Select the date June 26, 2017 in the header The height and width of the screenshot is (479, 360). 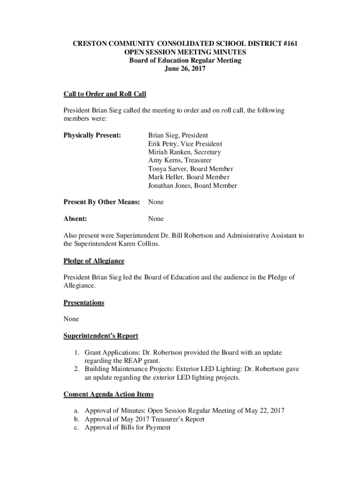185,69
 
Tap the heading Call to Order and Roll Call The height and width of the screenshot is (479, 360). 105,94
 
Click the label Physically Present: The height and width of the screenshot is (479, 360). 92,135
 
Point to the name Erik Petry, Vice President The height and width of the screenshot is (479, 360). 185,144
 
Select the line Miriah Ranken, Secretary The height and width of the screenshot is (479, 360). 184,152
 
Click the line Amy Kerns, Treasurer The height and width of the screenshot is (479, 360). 180,160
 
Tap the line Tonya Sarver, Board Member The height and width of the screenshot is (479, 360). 190,169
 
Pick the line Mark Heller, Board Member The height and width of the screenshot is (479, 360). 188,177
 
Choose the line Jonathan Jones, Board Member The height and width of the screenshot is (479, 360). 192,186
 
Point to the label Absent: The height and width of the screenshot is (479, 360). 75,218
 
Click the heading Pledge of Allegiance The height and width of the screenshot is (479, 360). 94,261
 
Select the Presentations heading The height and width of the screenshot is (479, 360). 84,303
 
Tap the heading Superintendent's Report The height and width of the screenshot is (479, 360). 101,336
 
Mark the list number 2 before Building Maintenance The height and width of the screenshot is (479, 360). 76,369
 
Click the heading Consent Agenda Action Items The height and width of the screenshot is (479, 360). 108,394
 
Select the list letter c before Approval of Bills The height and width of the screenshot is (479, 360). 75,428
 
